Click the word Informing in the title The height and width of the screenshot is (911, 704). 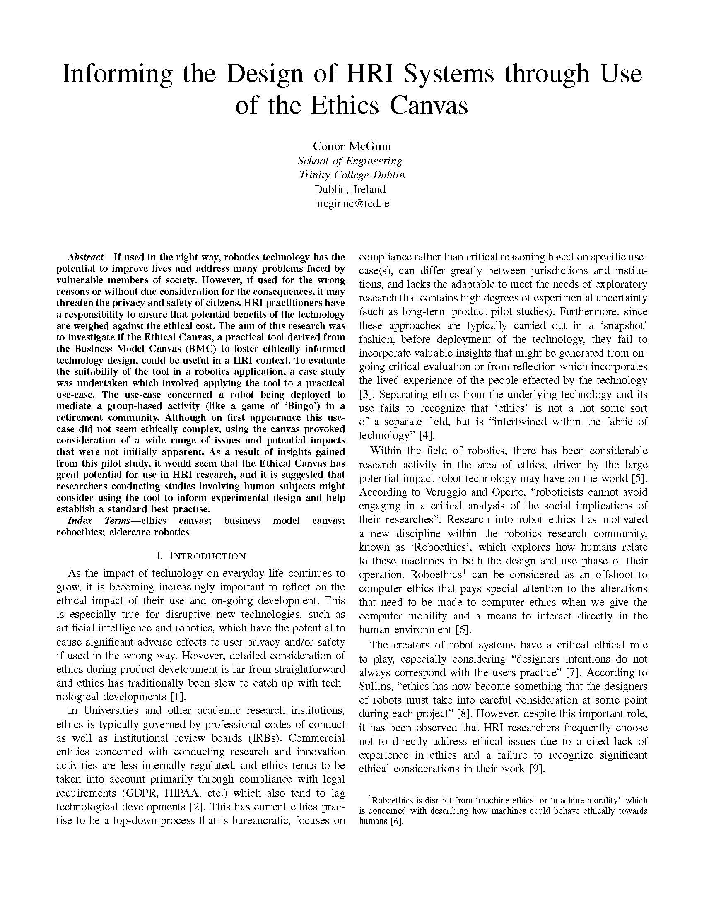pos(117,74)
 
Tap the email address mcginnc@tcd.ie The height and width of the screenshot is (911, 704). pos(352,204)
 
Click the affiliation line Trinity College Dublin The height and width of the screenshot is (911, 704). pos(352,175)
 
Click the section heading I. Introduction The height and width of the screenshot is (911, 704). pos(200,556)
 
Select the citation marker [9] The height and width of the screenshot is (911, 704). pos(536,769)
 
